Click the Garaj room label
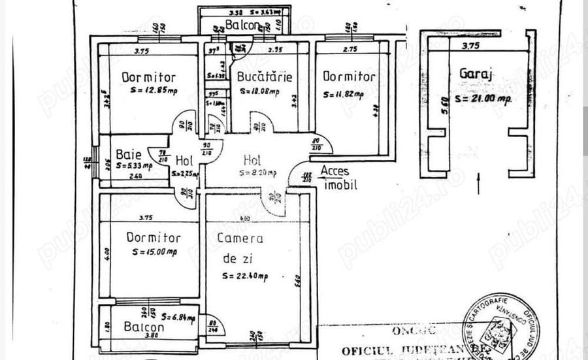(x=476, y=74)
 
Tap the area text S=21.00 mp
(x=483, y=99)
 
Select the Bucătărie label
(x=264, y=77)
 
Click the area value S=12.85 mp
(x=154, y=91)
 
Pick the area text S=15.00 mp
(x=154, y=252)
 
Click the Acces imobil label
(x=339, y=178)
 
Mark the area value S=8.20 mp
(x=257, y=173)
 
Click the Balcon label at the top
(x=242, y=26)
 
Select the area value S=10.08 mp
(x=259, y=91)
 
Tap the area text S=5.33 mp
(x=134, y=166)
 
